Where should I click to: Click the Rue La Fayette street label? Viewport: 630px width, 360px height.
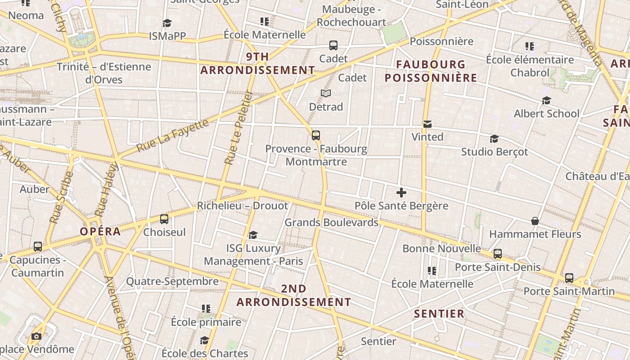click(x=173, y=135)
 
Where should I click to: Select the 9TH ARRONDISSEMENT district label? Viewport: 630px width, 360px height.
click(x=257, y=63)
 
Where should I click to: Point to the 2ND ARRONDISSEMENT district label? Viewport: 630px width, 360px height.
click(x=293, y=295)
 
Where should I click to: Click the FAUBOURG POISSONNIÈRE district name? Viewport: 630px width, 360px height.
click(x=431, y=71)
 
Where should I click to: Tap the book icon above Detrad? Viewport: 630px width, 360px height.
click(x=326, y=93)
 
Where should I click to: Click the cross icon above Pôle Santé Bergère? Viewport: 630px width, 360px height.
click(x=401, y=193)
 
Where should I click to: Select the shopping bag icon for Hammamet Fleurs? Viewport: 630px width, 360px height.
click(x=535, y=221)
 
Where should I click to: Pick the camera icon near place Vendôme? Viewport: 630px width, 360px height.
click(x=36, y=336)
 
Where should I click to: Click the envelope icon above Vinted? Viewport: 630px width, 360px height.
click(x=427, y=124)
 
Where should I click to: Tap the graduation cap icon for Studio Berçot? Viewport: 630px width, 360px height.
click(x=494, y=139)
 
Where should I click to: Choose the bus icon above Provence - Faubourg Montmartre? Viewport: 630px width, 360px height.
click(x=316, y=135)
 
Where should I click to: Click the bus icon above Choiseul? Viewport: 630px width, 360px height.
click(x=164, y=219)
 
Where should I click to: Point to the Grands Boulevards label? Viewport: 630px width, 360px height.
click(x=331, y=222)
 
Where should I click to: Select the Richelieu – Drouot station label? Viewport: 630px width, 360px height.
click(x=243, y=206)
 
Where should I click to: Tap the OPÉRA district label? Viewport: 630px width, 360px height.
click(x=100, y=232)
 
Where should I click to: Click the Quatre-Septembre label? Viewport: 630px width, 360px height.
click(x=172, y=282)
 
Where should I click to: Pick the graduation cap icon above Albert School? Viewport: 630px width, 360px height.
click(x=546, y=100)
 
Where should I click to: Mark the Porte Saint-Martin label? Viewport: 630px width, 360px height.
click(x=569, y=291)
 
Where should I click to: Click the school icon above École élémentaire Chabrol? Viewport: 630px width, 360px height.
click(x=530, y=46)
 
